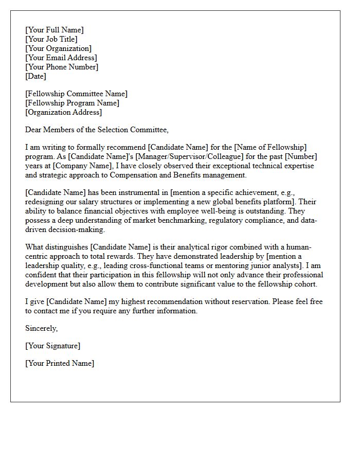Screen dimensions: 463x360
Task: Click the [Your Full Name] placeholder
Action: [x=54, y=30]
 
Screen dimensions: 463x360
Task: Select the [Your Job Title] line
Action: [x=51, y=39]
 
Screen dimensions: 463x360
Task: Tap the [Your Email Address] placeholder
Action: [x=61, y=58]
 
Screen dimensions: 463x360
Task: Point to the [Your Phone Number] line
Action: [x=61, y=67]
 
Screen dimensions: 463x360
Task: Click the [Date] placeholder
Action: [x=35, y=76]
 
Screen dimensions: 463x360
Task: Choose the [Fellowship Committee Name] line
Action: [x=76, y=94]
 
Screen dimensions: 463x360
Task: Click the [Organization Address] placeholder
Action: [x=63, y=112]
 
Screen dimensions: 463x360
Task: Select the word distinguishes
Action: [x=73, y=247]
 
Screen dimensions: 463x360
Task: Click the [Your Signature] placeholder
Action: [x=52, y=346]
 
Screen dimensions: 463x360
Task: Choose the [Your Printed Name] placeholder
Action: [x=60, y=363]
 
